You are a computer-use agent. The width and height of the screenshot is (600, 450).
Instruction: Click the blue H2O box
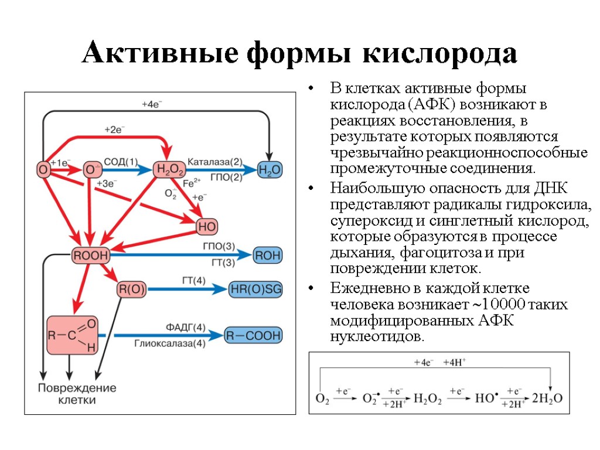270,170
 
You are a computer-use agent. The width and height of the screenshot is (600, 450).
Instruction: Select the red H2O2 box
169,170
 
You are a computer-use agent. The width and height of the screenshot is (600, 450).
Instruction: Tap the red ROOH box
90,255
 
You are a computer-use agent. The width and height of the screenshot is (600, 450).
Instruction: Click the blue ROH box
267,255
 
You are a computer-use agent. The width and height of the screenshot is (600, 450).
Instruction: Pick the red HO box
207,226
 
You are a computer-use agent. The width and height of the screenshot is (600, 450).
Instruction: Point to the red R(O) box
132,289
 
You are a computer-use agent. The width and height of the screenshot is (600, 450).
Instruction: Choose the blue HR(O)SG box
255,289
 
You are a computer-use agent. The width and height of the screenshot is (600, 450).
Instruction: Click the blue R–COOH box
254,336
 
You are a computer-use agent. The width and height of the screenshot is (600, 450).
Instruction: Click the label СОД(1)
121,161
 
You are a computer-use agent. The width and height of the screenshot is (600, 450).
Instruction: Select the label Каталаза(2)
215,161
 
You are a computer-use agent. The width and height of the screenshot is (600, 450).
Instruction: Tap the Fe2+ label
192,182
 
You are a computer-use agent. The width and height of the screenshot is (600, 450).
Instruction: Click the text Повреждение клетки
77,394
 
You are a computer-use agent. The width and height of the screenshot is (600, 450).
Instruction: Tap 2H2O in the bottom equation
547,398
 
